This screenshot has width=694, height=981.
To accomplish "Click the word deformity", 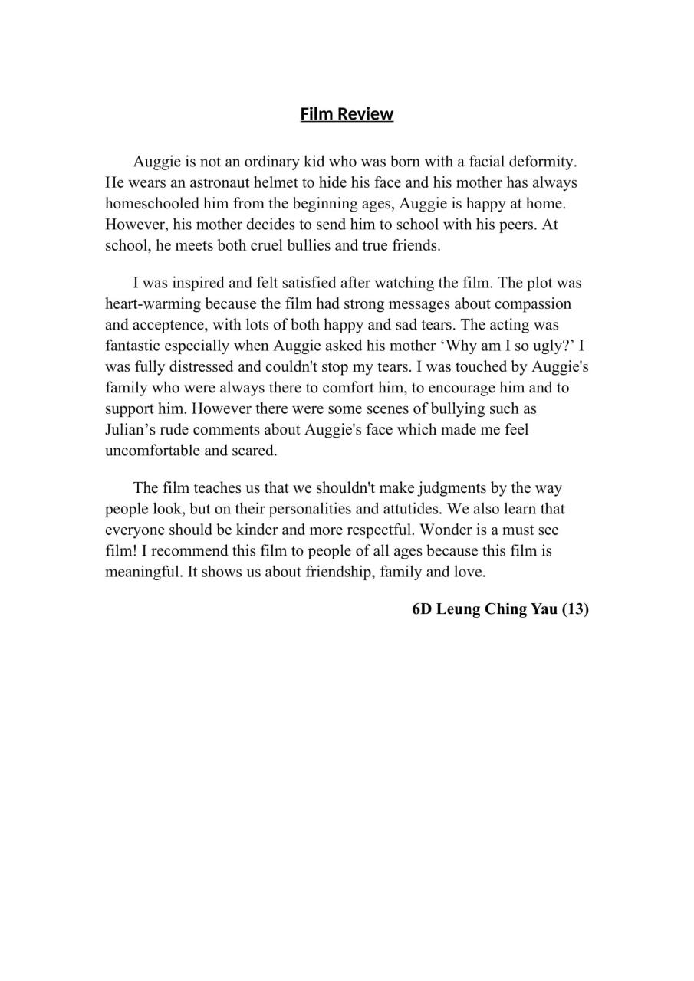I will coord(545,162).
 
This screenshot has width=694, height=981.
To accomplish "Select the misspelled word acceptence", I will coord(166,325).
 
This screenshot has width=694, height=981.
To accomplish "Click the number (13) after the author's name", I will coord(575,609).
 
